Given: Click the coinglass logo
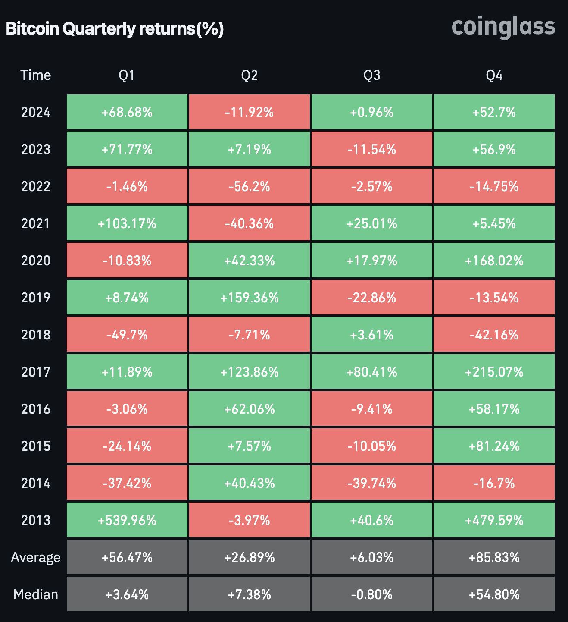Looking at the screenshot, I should point(503,27).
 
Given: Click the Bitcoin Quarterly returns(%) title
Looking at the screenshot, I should point(115,29).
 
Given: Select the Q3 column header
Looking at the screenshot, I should point(371,75).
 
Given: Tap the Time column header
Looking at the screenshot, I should point(36,75).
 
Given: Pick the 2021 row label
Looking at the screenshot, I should point(36,223).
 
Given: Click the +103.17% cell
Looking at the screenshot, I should point(127,223).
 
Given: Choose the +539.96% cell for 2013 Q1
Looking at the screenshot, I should point(127,520).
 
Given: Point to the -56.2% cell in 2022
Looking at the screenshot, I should point(249,186).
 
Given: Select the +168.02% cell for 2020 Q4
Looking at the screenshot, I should point(494,261).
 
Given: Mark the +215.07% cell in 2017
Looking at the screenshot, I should point(494,372).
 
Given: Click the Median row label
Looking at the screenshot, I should point(36,594).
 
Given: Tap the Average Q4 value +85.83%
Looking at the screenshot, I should point(494,557).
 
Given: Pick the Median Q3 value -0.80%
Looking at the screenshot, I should point(371,594).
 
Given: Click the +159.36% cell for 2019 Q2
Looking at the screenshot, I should point(249,298).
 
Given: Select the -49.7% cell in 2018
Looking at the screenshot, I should point(127,335).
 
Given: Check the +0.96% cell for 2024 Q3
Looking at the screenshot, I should point(371,112).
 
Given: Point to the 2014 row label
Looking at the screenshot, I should point(36,483).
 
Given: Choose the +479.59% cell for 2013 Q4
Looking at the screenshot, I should point(494,520).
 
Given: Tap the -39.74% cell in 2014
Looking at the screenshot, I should point(371,483).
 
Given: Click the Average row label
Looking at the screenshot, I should point(36,557).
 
